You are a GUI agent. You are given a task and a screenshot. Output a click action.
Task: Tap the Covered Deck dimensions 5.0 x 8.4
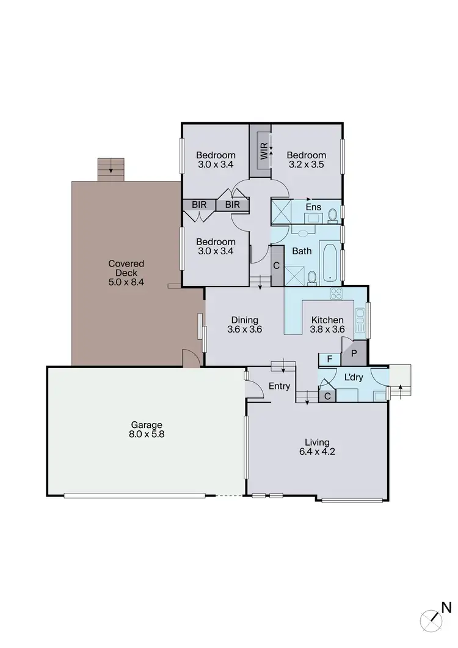(x=126, y=283)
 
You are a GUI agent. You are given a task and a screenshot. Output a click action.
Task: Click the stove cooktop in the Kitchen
(x=336, y=293)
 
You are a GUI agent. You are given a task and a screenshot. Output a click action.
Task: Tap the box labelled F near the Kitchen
(x=330, y=359)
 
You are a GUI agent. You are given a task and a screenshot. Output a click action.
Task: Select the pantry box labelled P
(x=354, y=354)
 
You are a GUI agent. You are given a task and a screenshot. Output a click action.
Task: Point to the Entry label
(x=280, y=386)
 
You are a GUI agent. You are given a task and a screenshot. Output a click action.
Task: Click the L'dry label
(x=354, y=378)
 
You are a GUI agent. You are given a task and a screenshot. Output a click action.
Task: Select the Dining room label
(x=244, y=320)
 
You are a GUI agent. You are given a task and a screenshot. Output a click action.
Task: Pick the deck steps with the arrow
(x=111, y=169)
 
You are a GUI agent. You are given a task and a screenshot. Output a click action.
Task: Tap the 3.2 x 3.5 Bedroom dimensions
(x=307, y=164)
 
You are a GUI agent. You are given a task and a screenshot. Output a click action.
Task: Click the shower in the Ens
(x=280, y=211)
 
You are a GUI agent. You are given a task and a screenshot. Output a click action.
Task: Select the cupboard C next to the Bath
(x=277, y=266)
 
